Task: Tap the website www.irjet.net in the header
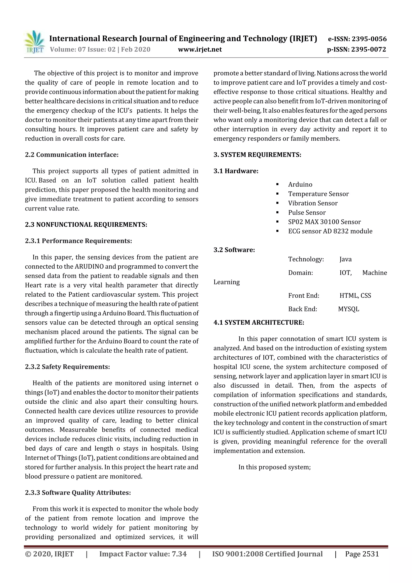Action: coord(200,49)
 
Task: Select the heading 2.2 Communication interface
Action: coord(72,155)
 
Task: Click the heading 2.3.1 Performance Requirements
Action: coord(78,241)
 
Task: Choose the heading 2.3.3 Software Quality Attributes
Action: coord(78,493)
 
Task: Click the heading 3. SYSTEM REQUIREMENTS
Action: coord(257,155)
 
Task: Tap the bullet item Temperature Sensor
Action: coord(318,194)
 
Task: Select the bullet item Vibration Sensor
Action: coord(313,203)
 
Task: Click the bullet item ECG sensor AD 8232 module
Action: coord(330,231)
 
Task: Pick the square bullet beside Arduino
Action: coord(277,184)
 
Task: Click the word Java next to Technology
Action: coord(345,259)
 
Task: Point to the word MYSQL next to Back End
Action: coord(349,309)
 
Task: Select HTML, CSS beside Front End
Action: coord(355,296)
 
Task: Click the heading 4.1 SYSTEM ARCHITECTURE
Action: coord(259,322)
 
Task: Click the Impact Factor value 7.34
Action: coord(179,554)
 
